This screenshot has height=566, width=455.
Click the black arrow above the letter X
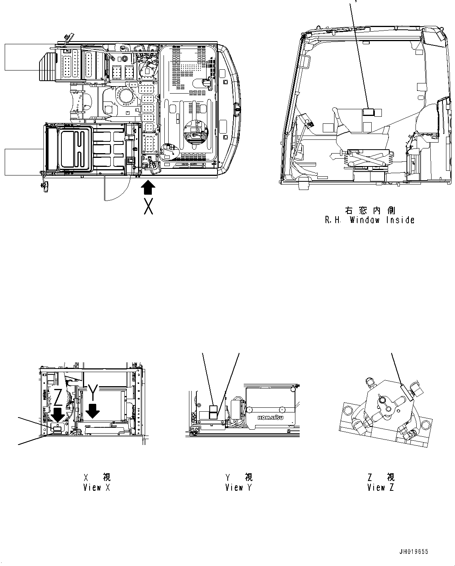tap(147, 187)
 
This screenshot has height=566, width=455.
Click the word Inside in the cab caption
tap(400, 220)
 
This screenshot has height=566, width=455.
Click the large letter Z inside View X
tap(58, 398)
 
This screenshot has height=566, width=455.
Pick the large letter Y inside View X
tap(92, 392)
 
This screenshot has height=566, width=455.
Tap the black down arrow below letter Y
tap(93, 411)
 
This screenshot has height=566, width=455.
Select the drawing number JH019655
tap(414, 552)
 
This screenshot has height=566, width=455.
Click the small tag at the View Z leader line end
tap(406, 392)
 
